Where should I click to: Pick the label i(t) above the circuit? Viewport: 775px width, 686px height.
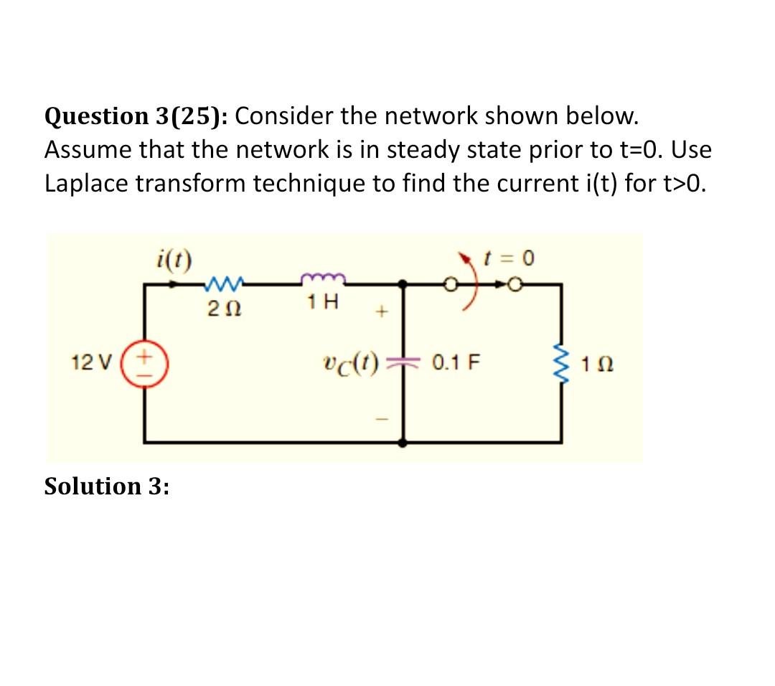172,258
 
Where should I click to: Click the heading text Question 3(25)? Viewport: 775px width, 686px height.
136,116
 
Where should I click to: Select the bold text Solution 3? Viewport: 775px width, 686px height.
107,487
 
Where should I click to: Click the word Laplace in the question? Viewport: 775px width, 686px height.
86,184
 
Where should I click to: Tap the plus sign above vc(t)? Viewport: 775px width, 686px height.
382,312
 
